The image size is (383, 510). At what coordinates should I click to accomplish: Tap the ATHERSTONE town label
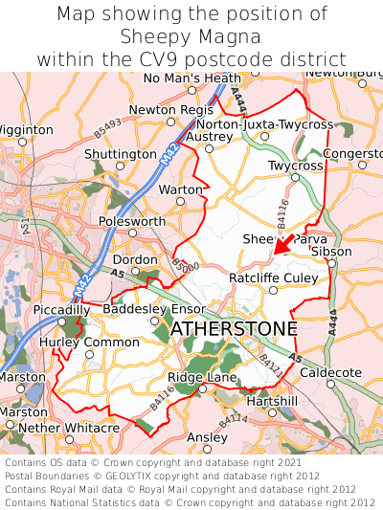(x=234, y=329)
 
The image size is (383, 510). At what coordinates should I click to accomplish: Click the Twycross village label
(x=295, y=166)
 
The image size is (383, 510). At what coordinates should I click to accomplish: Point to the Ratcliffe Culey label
(x=273, y=277)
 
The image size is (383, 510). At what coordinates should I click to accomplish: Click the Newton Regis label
(x=171, y=110)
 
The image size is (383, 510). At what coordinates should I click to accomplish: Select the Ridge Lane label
(x=202, y=378)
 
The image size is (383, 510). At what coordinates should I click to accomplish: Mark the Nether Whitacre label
(x=69, y=428)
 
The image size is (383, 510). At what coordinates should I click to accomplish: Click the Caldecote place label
(x=330, y=371)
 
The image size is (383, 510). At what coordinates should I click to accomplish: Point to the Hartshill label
(x=272, y=401)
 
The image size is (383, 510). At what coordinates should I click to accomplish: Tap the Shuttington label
(x=120, y=154)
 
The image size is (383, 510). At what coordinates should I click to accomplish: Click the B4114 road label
(x=233, y=420)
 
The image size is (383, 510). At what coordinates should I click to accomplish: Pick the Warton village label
(x=180, y=189)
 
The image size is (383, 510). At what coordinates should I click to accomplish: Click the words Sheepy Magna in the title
(x=191, y=36)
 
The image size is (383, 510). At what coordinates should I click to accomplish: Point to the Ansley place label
(x=207, y=437)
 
